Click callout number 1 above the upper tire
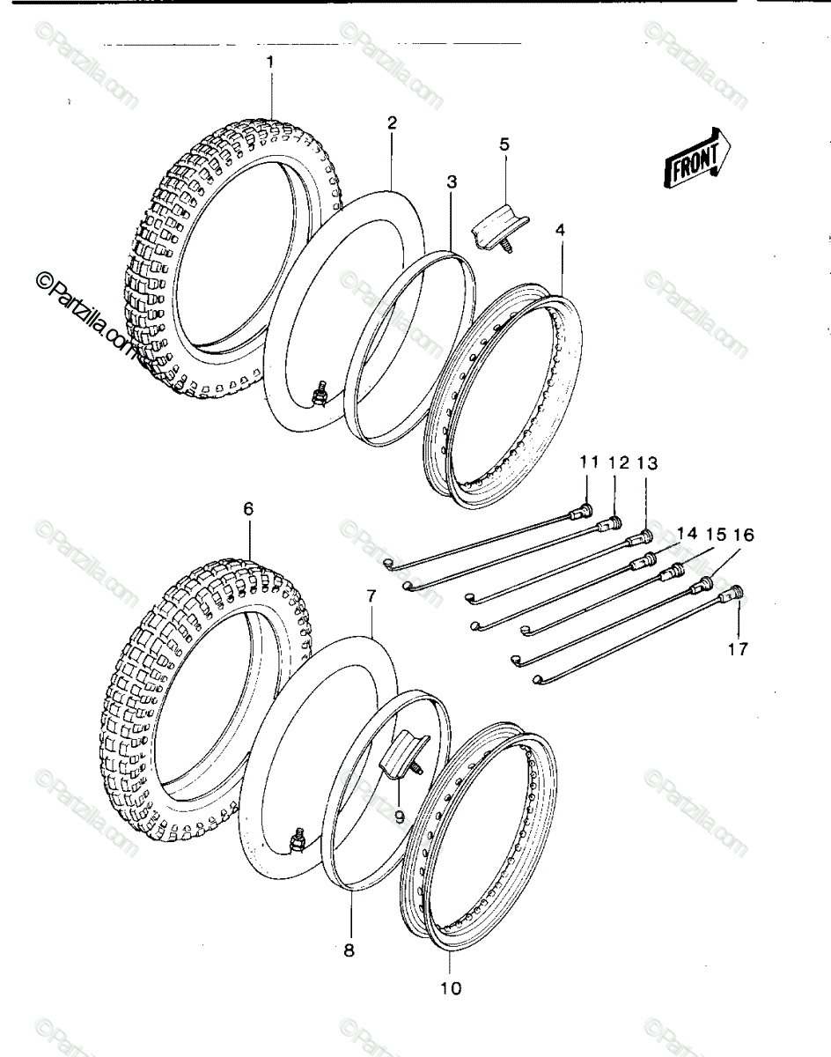[x=270, y=62]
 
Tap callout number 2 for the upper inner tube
[x=392, y=122]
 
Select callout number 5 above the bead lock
[x=505, y=144]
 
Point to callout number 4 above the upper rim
[x=560, y=229]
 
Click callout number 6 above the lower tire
[x=248, y=509]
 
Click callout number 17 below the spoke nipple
[x=738, y=649]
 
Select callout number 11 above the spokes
[x=589, y=462]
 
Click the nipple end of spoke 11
[x=581, y=512]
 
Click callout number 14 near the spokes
[x=687, y=534]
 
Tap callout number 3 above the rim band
[x=452, y=181]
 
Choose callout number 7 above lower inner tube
[x=371, y=597]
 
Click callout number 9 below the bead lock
[x=400, y=817]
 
